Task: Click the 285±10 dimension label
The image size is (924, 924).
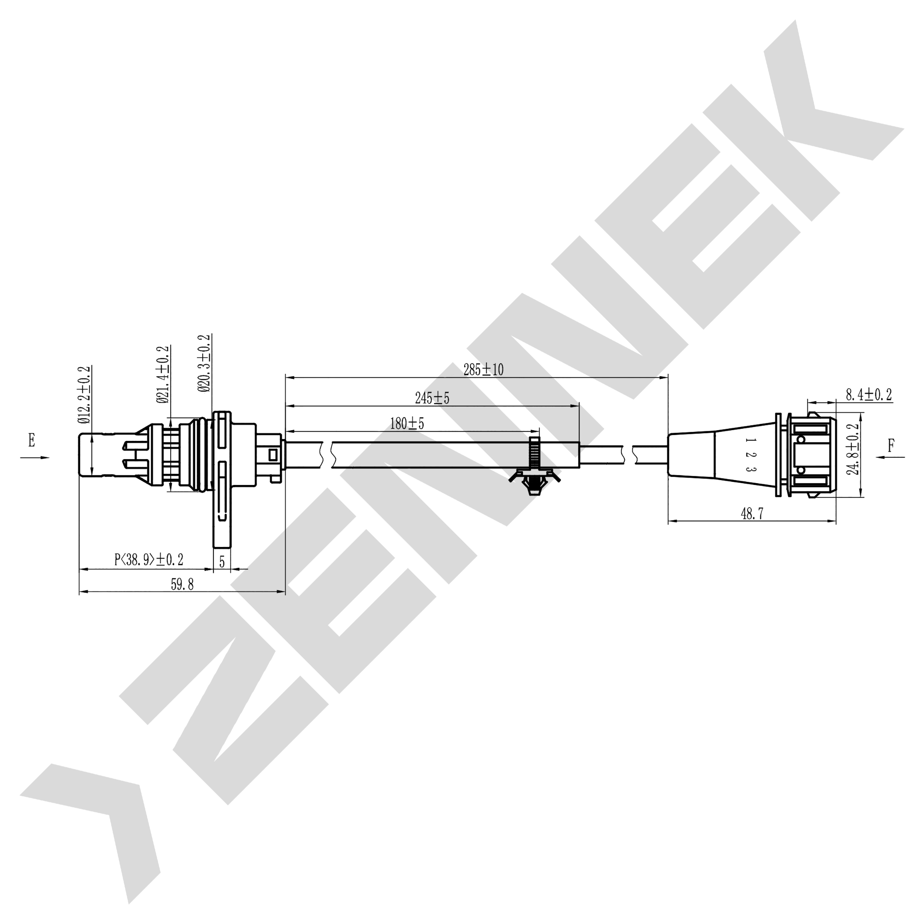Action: tap(483, 370)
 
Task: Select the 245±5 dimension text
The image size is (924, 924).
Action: tap(432, 398)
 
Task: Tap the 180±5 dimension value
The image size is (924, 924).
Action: tap(407, 423)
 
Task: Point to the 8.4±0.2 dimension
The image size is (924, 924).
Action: tap(869, 395)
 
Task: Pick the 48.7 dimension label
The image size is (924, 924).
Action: tap(752, 514)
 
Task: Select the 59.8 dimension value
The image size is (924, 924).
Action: tap(182, 584)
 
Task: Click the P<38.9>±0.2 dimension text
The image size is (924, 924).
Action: tap(149, 559)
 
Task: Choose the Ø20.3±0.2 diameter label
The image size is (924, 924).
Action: tap(205, 363)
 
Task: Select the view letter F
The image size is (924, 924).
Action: tap(891, 446)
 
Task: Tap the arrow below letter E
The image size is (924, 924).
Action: tap(34, 458)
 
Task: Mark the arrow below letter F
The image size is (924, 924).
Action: tap(890, 457)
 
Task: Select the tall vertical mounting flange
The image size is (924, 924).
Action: tap(221, 478)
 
